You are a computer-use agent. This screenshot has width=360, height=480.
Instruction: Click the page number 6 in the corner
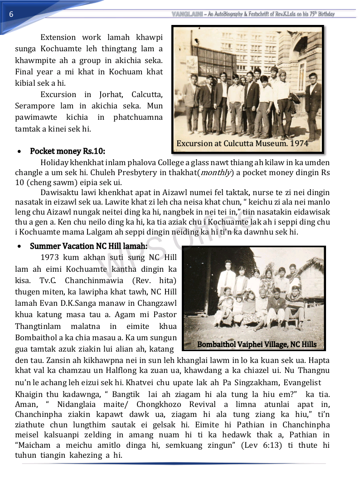pos(11,14)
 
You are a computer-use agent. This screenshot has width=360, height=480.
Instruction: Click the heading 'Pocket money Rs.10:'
pos(68,151)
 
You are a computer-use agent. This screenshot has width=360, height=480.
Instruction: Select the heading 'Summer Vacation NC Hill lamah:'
pos(88,246)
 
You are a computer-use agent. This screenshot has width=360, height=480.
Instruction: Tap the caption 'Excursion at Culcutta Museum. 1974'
pos(242,143)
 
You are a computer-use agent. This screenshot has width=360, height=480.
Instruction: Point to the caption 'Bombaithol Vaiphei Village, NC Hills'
pos(257,344)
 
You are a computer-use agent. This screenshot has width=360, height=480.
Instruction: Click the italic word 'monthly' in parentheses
pos(215,172)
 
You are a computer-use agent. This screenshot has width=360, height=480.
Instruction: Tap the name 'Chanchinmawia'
pos(99,280)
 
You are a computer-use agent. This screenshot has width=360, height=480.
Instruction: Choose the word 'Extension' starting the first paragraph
pos(58,37)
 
